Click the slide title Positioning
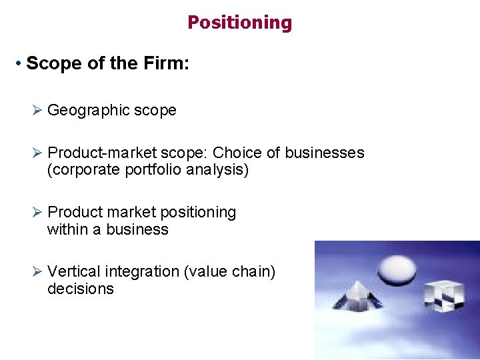[x=239, y=23]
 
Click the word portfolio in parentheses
[x=154, y=170]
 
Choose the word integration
[x=141, y=271]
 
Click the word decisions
[x=81, y=289]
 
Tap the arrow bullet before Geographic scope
[x=37, y=111]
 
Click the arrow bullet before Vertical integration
[x=37, y=271]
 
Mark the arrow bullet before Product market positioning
[x=37, y=212]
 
